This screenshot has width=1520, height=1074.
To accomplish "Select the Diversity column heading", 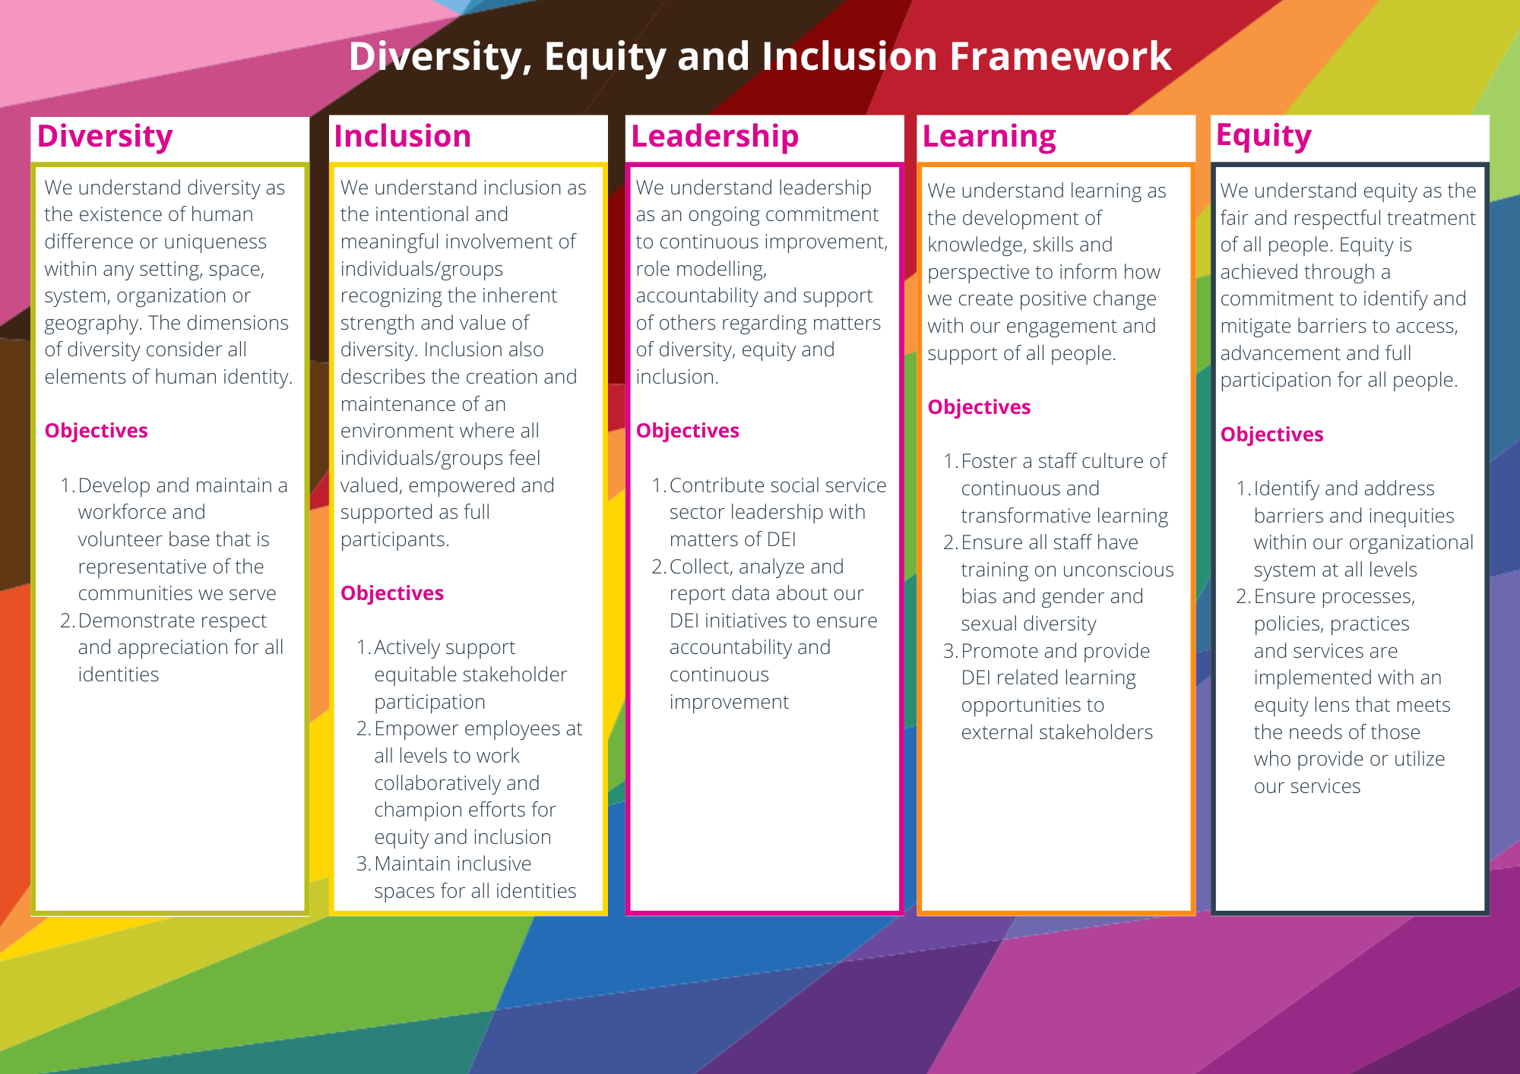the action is coord(105,137).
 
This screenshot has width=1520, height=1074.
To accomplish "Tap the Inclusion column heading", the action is coord(403,136).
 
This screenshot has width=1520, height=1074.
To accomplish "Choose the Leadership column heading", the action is coord(715,137).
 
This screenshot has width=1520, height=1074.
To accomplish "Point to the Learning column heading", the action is coord(990,137).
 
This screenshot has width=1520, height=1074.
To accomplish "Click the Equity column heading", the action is coord(1264,136).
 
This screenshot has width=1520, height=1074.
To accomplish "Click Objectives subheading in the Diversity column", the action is coord(97,431).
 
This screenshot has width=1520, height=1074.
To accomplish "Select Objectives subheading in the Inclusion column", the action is coord(392,593).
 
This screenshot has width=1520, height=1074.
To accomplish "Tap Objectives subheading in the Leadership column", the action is coord(688,431).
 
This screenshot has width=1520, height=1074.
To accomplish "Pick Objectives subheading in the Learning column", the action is coord(980,407).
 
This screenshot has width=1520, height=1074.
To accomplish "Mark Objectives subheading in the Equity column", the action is coord(1272,434).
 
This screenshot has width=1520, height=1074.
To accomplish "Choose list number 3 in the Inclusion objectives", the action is coord(363,864).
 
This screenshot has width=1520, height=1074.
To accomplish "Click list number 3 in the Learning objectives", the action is coord(950,652).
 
